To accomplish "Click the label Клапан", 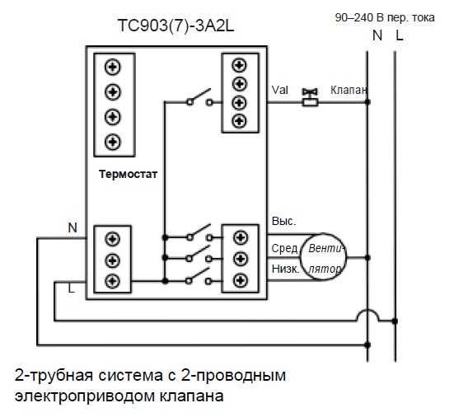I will pyautogui.click(x=349, y=88).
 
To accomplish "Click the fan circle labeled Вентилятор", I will pyautogui.click(x=321, y=257).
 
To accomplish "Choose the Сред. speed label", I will pyautogui.click(x=284, y=248).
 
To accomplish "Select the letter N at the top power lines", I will pyautogui.click(x=377, y=35).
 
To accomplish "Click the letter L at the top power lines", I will pyautogui.click(x=400, y=35).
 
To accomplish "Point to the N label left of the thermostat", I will pyautogui.click(x=72, y=227).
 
